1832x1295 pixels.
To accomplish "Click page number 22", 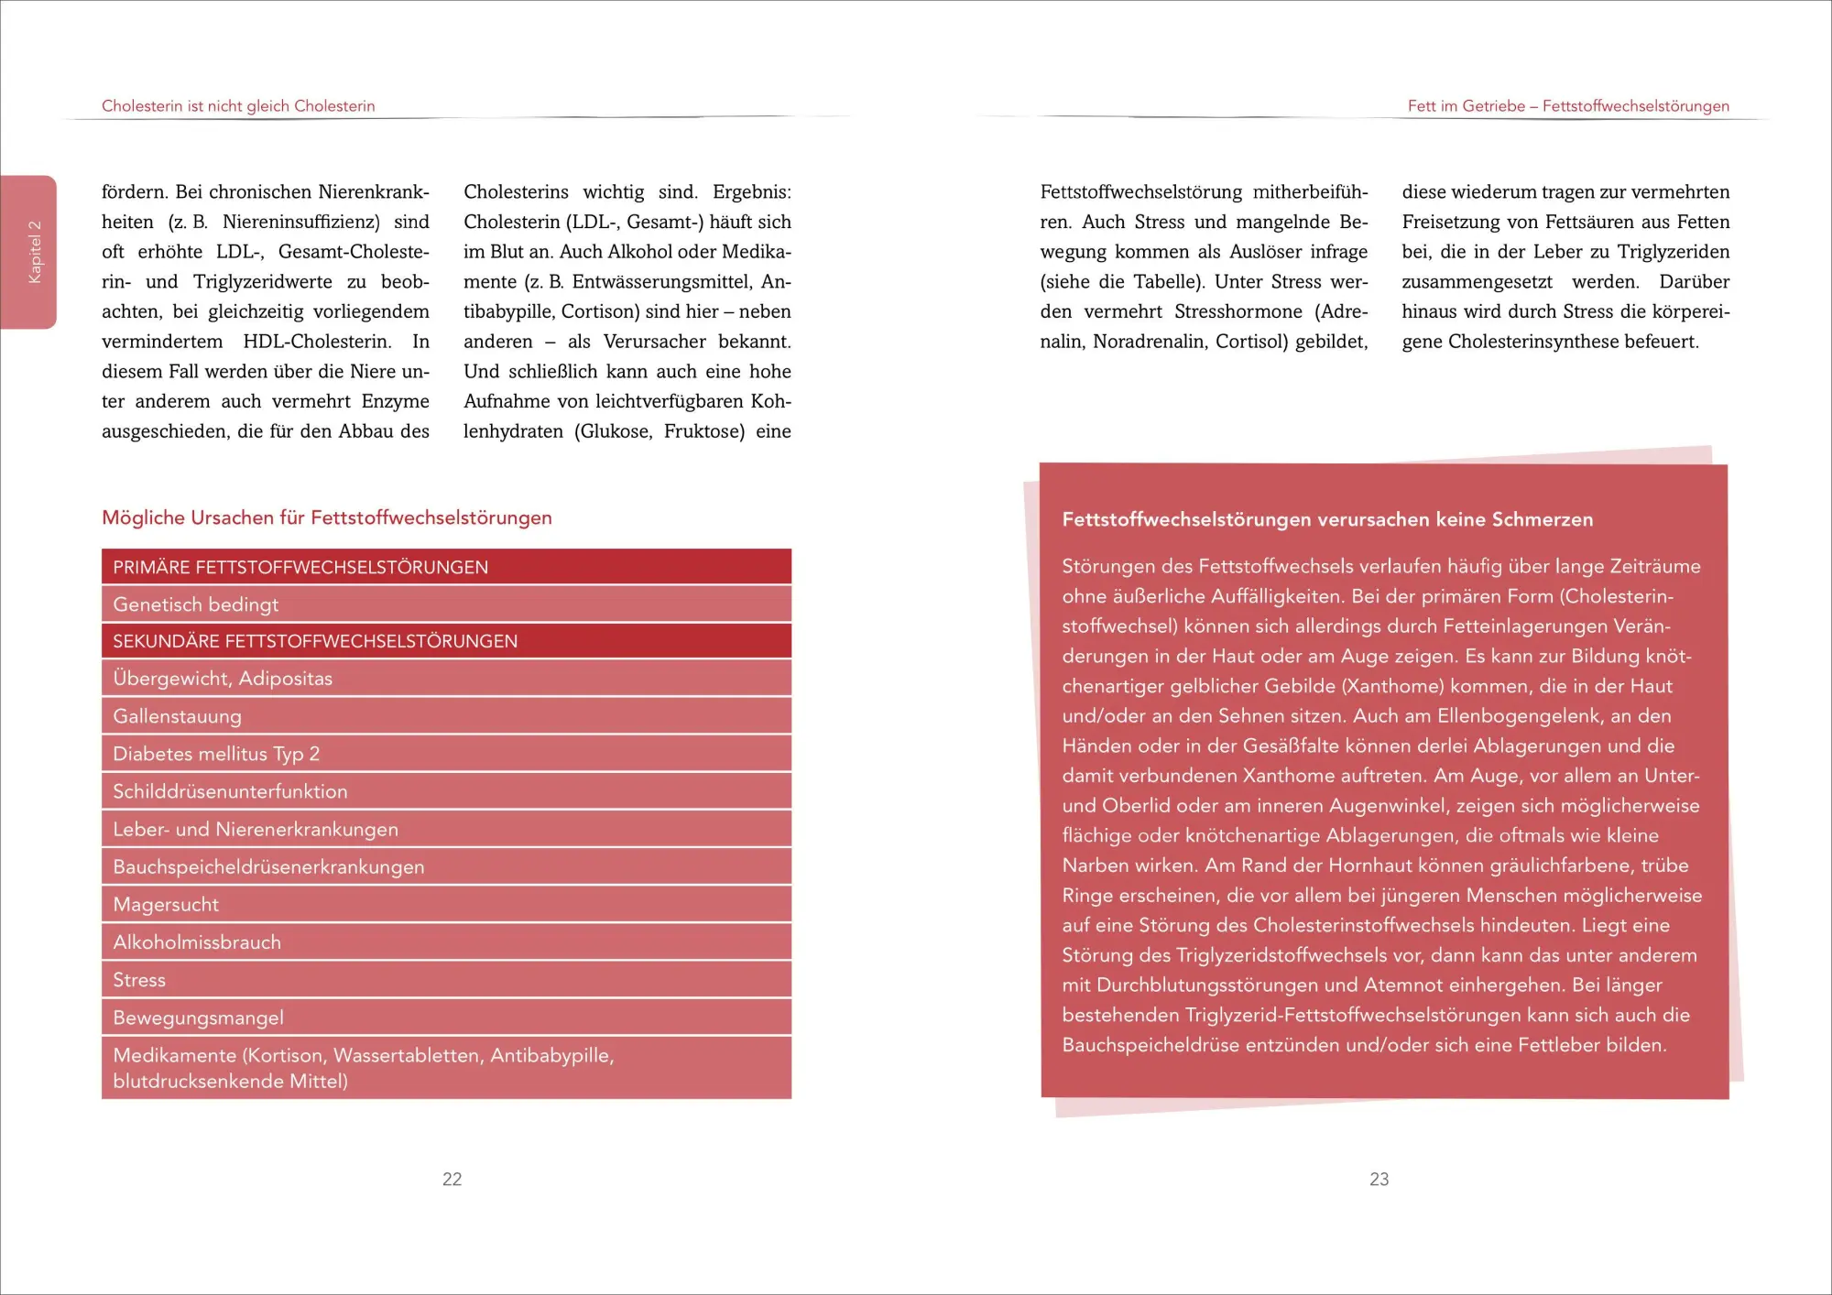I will [453, 1179].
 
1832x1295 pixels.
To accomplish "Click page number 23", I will [1379, 1179].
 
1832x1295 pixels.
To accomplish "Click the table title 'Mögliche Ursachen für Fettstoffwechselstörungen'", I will [327, 517].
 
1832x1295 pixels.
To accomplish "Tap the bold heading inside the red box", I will [1327, 519].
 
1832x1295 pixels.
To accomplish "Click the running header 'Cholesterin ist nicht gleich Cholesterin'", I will [238, 106].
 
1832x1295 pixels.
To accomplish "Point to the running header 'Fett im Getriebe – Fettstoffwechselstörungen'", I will [1568, 106].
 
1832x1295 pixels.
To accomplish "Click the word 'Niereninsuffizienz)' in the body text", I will [301, 222].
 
